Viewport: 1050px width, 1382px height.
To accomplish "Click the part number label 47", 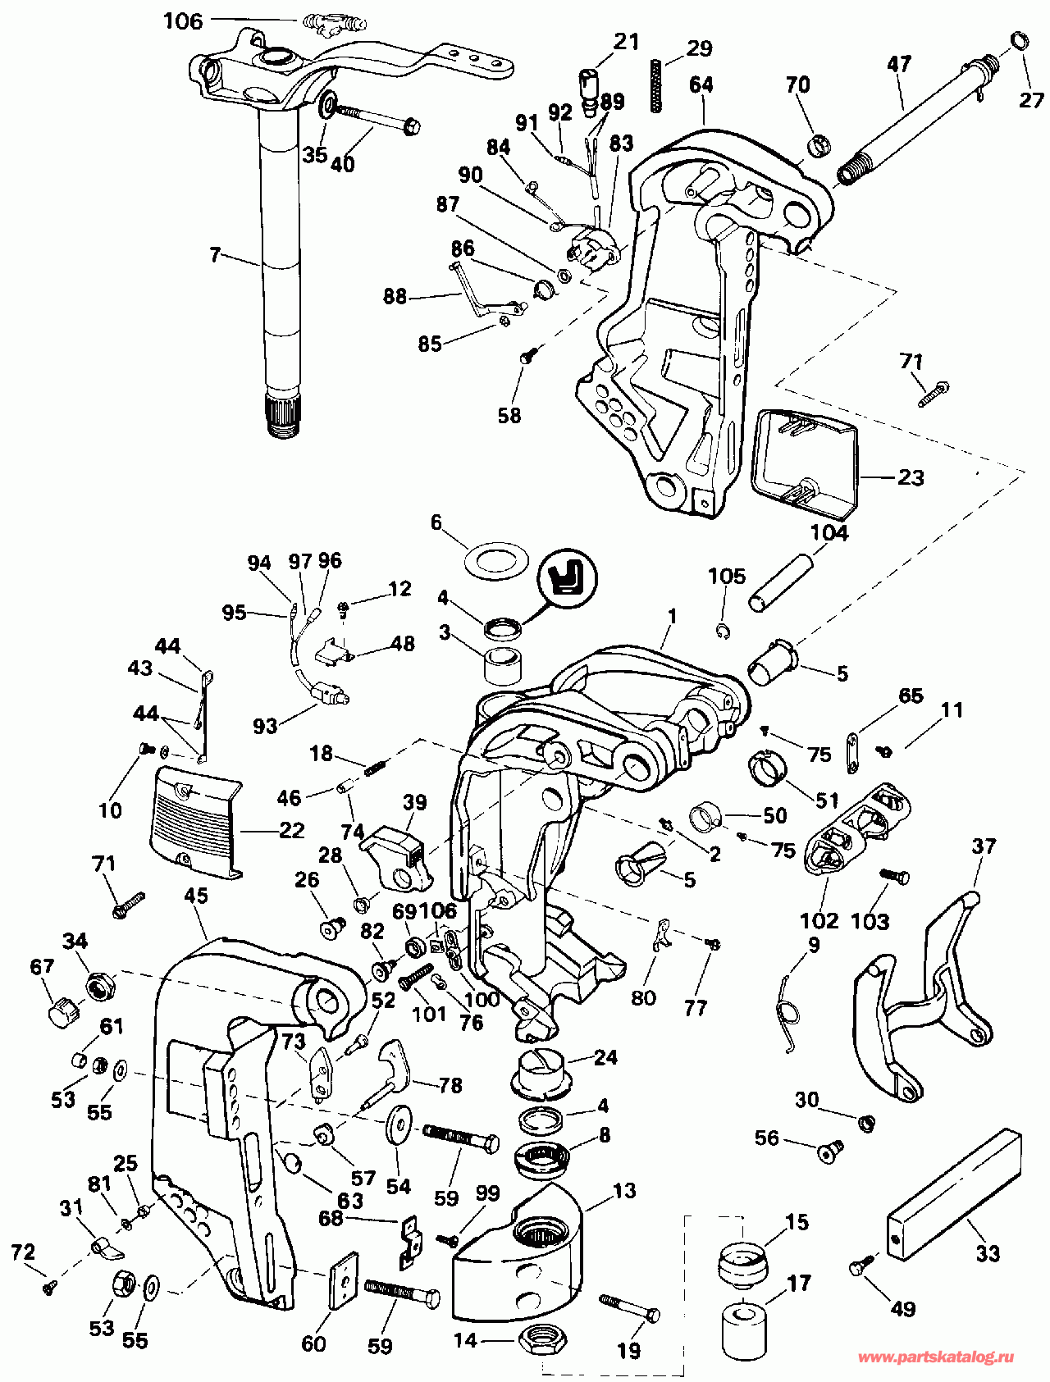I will [x=899, y=63].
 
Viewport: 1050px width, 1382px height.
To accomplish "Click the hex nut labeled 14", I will [x=542, y=1341].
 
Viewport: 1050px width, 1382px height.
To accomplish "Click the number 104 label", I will [x=829, y=532].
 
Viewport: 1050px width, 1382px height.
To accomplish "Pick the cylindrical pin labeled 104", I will [x=782, y=582].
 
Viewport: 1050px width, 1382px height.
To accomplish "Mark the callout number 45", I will [x=196, y=896].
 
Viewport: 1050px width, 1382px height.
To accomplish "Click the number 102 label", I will [x=819, y=920].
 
